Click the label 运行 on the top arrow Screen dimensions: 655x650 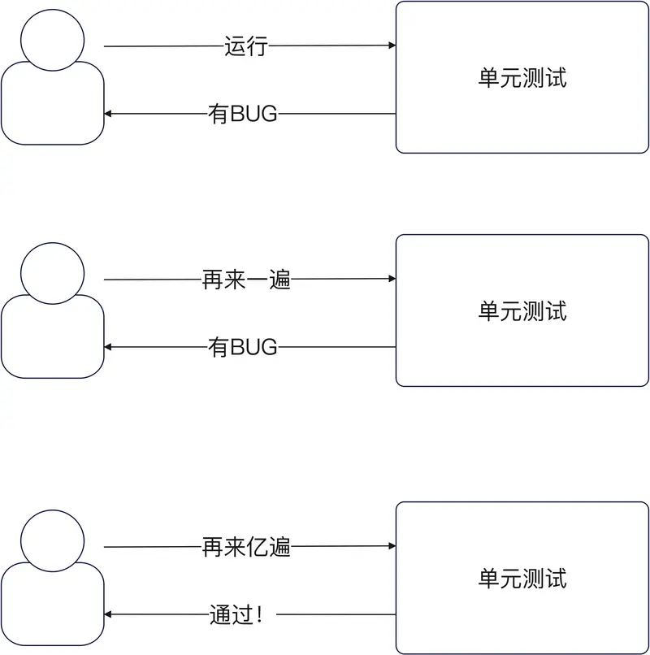pyautogui.click(x=245, y=46)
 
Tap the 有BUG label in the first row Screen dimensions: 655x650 pyautogui.click(x=243, y=115)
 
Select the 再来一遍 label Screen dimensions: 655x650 pyautogui.click(x=245, y=280)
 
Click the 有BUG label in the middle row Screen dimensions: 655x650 pyautogui.click(x=243, y=348)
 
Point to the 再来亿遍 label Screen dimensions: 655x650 pyautogui.click(x=245, y=548)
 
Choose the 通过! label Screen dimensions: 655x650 pyautogui.click(x=236, y=615)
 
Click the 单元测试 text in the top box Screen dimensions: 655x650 pyautogui.click(x=522, y=78)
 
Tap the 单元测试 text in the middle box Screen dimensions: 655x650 pyautogui.click(x=522, y=310)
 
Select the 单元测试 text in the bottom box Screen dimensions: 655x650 pyautogui.click(x=522, y=579)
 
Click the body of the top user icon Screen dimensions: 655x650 pyautogui.click(x=53, y=106)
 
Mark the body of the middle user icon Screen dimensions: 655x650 pyautogui.click(x=53, y=340)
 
